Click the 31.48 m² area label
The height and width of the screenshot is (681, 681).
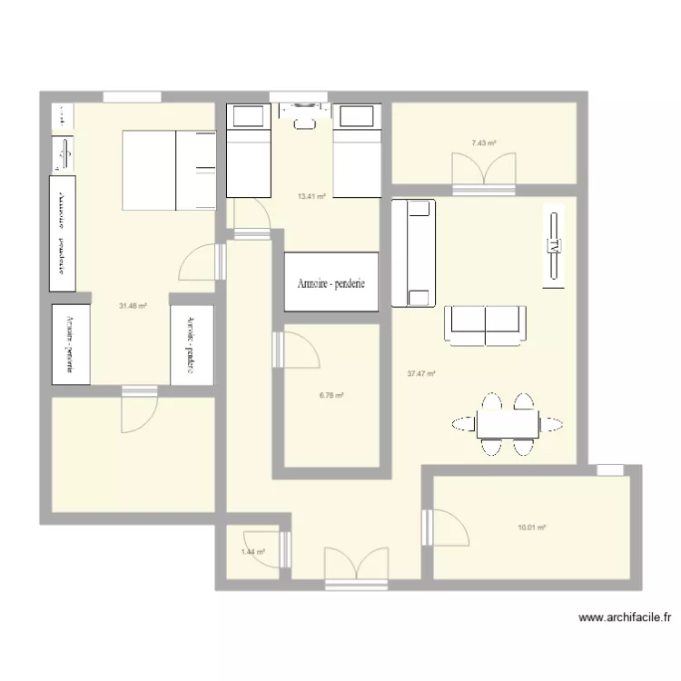[132, 306]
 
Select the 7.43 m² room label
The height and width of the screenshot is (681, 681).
[483, 143]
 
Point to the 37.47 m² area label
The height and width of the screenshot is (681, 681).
[422, 373]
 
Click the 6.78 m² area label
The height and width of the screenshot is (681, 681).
[331, 395]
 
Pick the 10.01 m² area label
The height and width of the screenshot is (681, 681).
[531, 527]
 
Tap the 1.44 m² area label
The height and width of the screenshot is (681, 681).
[252, 551]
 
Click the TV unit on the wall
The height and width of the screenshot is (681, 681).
[553, 245]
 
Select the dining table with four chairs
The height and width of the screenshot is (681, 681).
[507, 423]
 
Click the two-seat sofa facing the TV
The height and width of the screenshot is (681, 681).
[485, 325]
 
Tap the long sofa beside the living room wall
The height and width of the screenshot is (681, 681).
[413, 253]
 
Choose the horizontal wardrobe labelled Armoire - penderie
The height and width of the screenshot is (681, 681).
[331, 282]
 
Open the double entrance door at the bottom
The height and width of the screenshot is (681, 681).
[356, 563]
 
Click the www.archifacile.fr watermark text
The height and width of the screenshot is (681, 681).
[625, 618]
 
